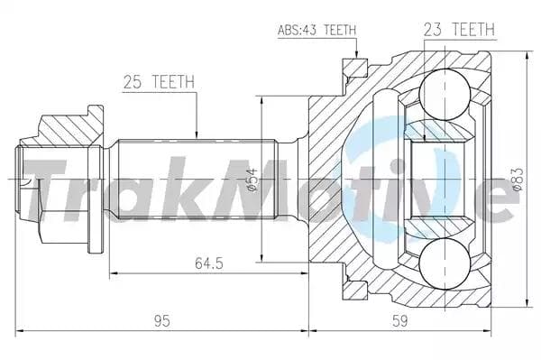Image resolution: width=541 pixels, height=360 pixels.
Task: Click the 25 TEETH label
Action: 158,82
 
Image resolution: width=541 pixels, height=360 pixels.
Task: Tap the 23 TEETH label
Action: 459,29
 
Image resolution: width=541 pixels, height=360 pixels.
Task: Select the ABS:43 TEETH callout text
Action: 316,30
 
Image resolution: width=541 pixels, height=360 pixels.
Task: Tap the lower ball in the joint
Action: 445,263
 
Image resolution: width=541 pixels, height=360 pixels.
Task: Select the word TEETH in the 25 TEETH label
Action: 173,82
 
